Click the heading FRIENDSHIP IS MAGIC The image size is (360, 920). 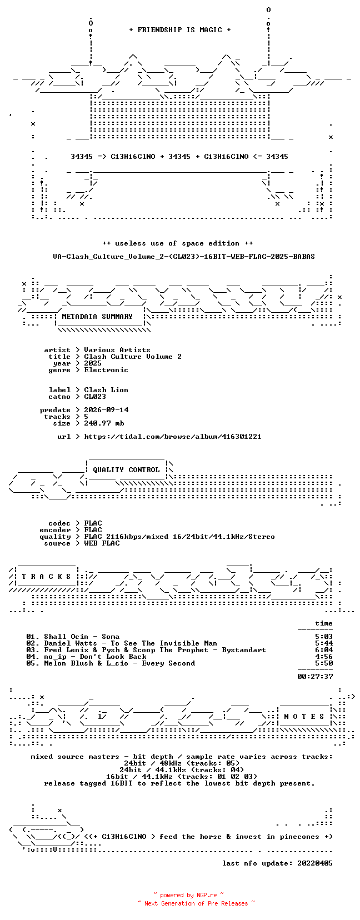pos(180,30)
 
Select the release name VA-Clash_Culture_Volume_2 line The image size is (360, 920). pos(184,257)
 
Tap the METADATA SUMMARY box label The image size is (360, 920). pos(97,317)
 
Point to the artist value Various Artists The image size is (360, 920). pos(117,350)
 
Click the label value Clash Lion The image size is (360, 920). pos(106,390)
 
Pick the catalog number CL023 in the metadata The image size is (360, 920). pos(95,397)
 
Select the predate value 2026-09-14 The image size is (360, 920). pos(106,410)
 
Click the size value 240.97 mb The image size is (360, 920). pos(104,423)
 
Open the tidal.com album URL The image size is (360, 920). pos(173,437)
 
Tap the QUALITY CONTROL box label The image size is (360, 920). pos(126,470)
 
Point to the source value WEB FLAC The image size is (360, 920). pos(102,543)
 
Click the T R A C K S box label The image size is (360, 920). pos(46,577)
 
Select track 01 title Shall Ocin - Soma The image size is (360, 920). pos(82,637)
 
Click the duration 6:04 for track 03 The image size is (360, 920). pos(324,650)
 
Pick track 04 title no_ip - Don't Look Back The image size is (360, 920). pos(95,656)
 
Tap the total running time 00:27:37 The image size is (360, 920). pos(315,677)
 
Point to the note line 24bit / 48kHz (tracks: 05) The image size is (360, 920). pos(182,763)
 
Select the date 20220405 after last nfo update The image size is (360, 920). pos(315,863)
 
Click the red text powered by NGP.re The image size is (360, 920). pos(188,895)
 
